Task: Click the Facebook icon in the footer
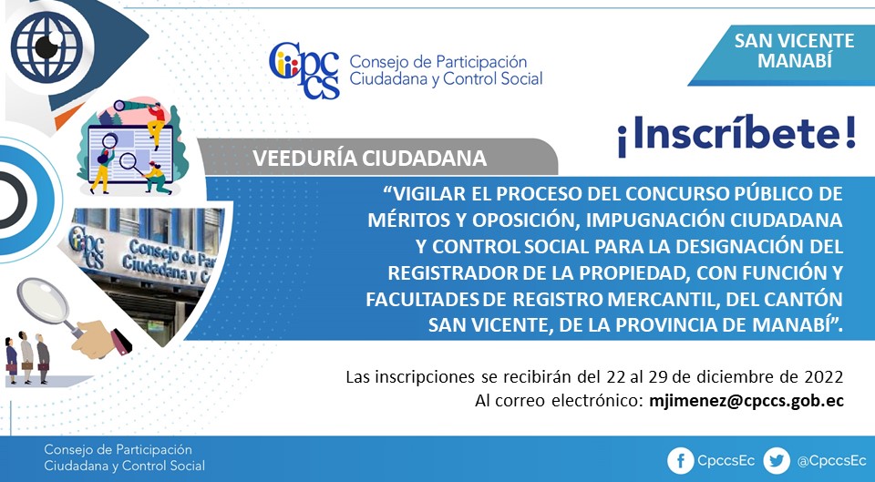coord(680,461)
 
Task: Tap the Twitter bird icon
coord(777,461)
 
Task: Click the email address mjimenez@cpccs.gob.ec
coord(746,401)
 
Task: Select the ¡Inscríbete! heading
coord(736,135)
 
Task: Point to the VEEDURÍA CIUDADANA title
coord(369,159)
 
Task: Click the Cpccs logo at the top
coord(304,71)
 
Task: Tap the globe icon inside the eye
coord(46,46)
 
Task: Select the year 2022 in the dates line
coord(824,377)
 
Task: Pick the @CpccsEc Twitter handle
coord(831,461)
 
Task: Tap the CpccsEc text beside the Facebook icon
coord(726,461)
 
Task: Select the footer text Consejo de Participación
coord(118,449)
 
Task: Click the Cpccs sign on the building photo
coord(86,245)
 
